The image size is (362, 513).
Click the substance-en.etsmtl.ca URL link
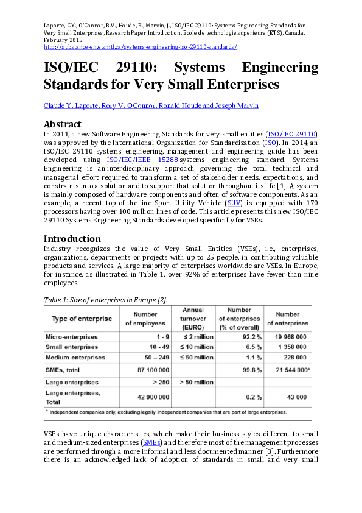141,47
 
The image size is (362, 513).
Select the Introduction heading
72,238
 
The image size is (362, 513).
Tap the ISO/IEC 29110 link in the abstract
293,133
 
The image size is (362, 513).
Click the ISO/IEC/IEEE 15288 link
142,159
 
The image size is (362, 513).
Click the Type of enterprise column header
82,319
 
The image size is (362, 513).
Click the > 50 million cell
195,382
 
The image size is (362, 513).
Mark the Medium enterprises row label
75,357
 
